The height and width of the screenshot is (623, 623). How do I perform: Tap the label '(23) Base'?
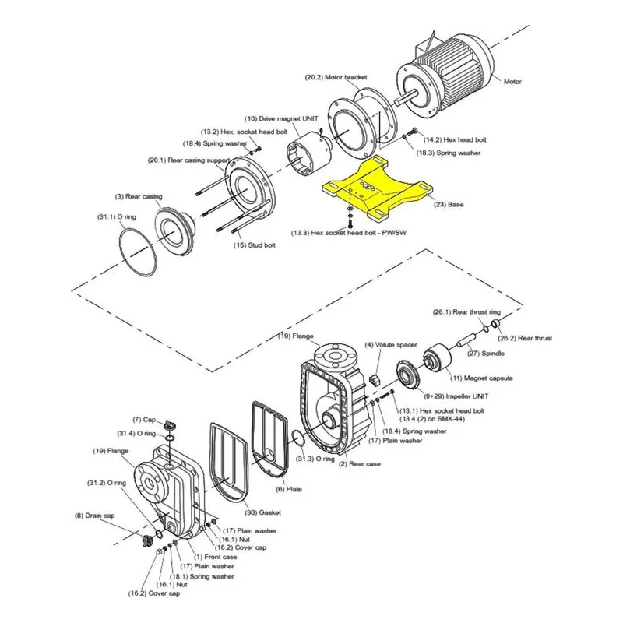click(x=449, y=205)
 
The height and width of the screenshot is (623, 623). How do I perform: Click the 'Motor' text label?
click(x=512, y=82)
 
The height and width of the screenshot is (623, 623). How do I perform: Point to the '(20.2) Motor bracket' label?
click(x=336, y=77)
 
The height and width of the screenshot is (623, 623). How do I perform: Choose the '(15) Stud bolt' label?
click(x=255, y=245)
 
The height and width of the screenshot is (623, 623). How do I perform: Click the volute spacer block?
click(x=375, y=379)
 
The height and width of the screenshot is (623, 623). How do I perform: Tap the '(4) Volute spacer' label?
click(x=391, y=345)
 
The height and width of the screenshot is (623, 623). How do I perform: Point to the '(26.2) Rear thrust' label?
click(x=525, y=339)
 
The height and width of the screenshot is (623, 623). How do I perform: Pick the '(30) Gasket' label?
click(x=262, y=512)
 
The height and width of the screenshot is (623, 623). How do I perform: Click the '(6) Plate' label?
click(x=289, y=490)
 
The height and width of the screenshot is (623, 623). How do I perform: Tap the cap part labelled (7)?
click(x=170, y=424)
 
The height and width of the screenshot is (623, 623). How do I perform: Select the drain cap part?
click(x=148, y=540)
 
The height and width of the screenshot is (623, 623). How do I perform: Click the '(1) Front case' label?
click(x=216, y=557)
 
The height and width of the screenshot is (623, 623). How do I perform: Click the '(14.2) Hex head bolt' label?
click(x=455, y=140)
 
